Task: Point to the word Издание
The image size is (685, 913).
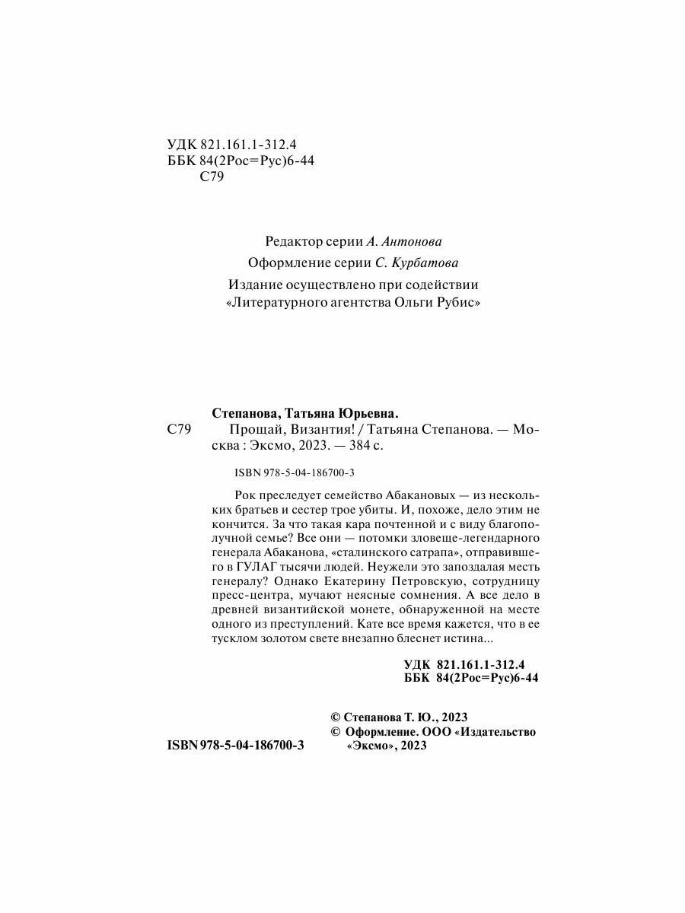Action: (253, 285)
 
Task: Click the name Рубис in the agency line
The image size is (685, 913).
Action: (458, 302)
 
